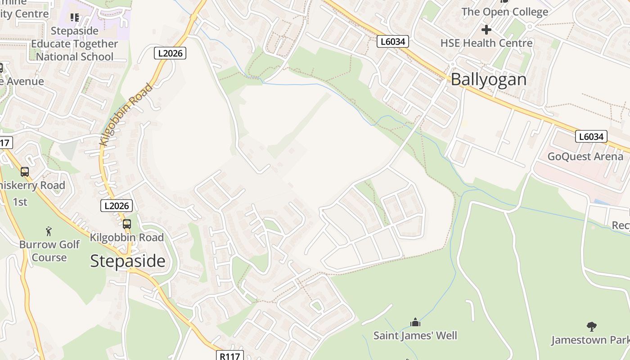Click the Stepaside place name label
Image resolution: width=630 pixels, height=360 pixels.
(x=128, y=261)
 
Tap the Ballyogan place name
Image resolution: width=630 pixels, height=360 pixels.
(x=488, y=80)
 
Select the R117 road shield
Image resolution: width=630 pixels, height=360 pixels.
(x=230, y=355)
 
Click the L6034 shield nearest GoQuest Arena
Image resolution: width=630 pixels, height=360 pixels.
(x=591, y=136)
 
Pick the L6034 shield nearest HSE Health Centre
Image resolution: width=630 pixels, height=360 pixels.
(x=392, y=42)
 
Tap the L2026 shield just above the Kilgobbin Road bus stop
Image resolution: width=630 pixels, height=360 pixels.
(x=117, y=206)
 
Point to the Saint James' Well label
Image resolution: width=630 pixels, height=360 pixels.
(x=415, y=335)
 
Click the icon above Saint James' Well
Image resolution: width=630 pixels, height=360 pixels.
(x=415, y=322)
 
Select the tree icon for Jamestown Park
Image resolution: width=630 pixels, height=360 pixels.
(x=592, y=327)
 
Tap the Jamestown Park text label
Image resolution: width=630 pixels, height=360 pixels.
(x=590, y=340)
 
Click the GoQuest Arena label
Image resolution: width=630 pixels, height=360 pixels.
(x=585, y=157)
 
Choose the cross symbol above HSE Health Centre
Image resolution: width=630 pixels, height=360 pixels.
(x=486, y=30)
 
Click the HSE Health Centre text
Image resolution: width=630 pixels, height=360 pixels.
(x=486, y=43)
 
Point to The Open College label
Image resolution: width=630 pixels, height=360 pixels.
(x=504, y=12)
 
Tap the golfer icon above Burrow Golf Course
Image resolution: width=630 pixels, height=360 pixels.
(x=49, y=231)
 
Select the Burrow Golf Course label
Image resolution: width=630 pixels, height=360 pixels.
(x=49, y=251)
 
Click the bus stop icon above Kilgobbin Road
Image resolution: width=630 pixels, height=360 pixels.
(x=127, y=224)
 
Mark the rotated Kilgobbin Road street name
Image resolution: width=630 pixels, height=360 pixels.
(x=126, y=114)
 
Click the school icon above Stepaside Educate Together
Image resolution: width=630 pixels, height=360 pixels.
(x=75, y=18)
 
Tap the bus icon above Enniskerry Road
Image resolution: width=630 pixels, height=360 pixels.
(x=25, y=171)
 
